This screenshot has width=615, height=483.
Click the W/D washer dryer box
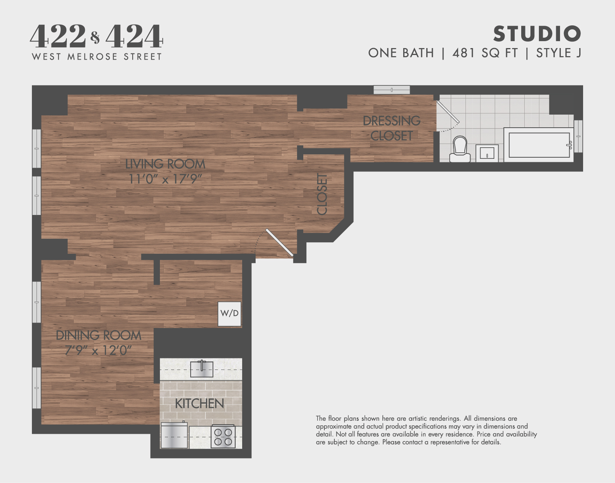pyautogui.click(x=229, y=314)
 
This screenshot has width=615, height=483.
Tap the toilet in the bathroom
pyautogui.click(x=460, y=149)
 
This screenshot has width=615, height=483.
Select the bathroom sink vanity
pyautogui.click(x=487, y=153)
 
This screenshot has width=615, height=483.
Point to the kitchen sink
pyautogui.click(x=201, y=369)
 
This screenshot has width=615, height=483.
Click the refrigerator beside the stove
pyautogui.click(x=174, y=435)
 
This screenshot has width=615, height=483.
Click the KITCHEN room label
pyautogui.click(x=199, y=403)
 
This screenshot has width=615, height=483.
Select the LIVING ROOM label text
pyautogui.click(x=165, y=164)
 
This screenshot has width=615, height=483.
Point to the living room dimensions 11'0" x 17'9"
pyautogui.click(x=165, y=179)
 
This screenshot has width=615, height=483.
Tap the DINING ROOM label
pyautogui.click(x=99, y=335)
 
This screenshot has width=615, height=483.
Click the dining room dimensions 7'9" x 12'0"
pyautogui.click(x=98, y=350)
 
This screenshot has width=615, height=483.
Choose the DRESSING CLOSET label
pyautogui.click(x=392, y=128)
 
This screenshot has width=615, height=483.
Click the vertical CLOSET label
pyautogui.click(x=322, y=194)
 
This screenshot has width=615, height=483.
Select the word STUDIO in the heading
pyautogui.click(x=537, y=34)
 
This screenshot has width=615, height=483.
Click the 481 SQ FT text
pyautogui.click(x=485, y=53)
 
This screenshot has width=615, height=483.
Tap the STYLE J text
pyautogui.click(x=558, y=53)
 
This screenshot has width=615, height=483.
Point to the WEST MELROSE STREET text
pyautogui.click(x=97, y=57)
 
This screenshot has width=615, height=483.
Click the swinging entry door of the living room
pyautogui.click(x=279, y=243)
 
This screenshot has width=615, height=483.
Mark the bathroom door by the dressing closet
pyautogui.click(x=448, y=112)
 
